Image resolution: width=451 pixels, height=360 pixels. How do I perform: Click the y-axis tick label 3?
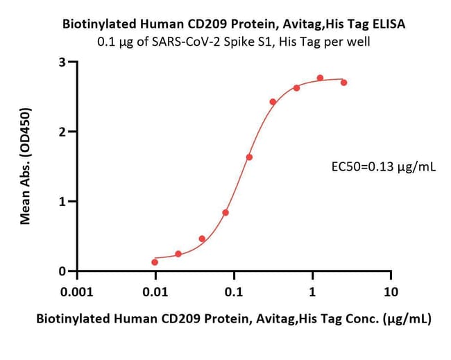(x=63, y=62)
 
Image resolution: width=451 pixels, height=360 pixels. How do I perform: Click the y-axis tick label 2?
(x=63, y=132)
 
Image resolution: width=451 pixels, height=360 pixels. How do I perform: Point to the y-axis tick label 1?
(x=63, y=202)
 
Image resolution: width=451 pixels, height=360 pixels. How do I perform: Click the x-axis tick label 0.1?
(x=234, y=292)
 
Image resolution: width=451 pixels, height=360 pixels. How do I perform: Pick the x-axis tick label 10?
(x=391, y=292)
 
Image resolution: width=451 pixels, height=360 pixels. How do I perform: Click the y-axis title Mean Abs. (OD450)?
(x=26, y=166)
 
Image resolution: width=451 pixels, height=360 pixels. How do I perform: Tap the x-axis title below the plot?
(x=233, y=320)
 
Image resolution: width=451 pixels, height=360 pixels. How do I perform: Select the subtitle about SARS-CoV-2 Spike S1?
(x=235, y=41)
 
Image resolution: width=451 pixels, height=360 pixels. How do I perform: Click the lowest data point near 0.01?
(x=155, y=262)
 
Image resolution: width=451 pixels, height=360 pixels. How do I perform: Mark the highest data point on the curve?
(x=320, y=78)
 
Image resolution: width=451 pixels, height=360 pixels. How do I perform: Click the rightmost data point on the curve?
(x=344, y=83)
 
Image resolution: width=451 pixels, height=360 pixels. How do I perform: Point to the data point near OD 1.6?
(x=249, y=157)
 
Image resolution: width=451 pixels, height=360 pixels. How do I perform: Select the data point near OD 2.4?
(x=273, y=102)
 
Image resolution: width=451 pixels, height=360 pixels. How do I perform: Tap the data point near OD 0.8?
(x=226, y=212)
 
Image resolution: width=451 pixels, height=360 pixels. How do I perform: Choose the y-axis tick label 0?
(x=63, y=271)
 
